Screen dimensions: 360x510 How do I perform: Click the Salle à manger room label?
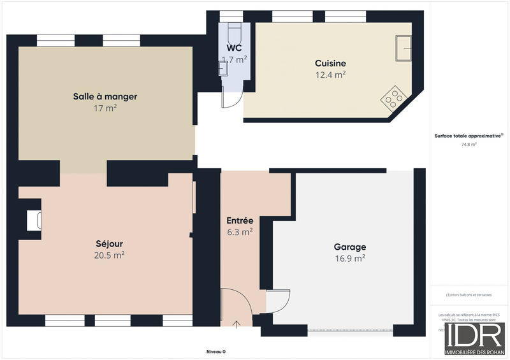click(x=105, y=97)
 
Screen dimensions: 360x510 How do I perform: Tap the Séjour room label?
click(x=109, y=243)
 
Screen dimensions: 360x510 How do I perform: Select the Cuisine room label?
click(x=330, y=63)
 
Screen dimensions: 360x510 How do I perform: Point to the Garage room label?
click(x=349, y=247)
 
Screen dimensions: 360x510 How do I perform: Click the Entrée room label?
click(x=240, y=220)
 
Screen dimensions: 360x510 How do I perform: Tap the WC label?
click(x=233, y=48)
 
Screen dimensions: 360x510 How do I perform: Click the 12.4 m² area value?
click(x=330, y=75)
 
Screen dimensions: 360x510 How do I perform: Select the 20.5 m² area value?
click(x=109, y=255)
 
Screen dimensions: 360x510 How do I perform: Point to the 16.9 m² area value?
click(x=349, y=258)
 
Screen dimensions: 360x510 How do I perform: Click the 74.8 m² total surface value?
click(x=469, y=145)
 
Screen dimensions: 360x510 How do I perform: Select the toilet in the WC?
click(x=233, y=31)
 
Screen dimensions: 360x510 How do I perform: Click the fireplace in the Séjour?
click(x=33, y=220)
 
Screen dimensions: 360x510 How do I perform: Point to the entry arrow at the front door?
click(x=237, y=324)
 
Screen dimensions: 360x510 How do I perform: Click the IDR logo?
click(x=475, y=338)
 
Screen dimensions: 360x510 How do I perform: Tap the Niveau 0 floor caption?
click(x=216, y=352)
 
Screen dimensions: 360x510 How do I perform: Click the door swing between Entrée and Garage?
click(x=278, y=301)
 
